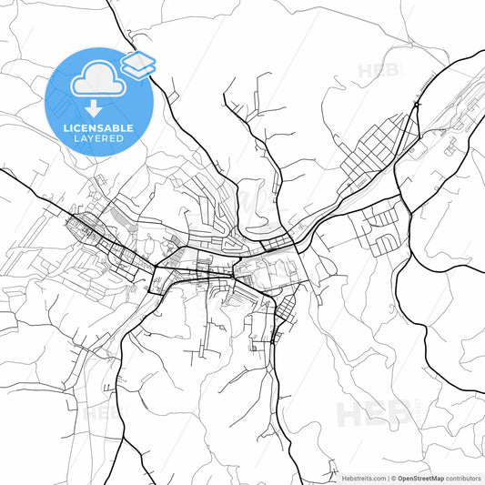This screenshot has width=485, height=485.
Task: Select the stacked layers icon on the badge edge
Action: pyautogui.click(x=137, y=65)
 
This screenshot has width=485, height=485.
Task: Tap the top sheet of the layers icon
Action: pyautogui.click(x=137, y=60)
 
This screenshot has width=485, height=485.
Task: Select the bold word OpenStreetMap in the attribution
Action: pyautogui.click(x=419, y=477)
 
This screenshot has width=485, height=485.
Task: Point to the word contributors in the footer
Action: pyautogui.click(x=463, y=477)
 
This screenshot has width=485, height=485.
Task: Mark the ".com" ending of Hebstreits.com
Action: pyautogui.click(x=377, y=477)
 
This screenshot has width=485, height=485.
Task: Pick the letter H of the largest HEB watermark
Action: pyautogui.click(x=351, y=415)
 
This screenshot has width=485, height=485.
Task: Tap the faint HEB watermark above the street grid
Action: pyautogui.click(x=378, y=70)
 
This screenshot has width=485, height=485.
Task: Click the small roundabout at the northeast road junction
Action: pyautogui.click(x=415, y=106)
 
